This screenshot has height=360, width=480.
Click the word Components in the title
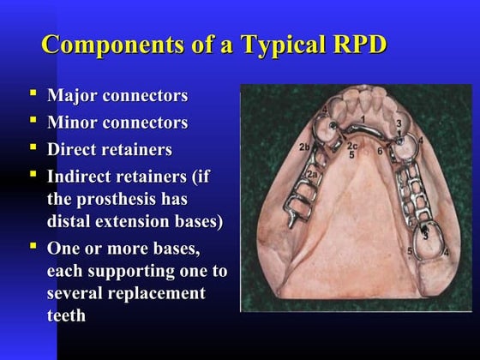tap(100, 44)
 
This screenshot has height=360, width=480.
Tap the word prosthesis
tap(125, 199)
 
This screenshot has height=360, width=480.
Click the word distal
tap(71, 221)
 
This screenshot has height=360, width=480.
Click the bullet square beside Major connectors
tap(33, 91)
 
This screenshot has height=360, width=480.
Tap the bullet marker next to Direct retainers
tap(33, 146)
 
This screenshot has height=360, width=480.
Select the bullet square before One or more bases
tap(33, 246)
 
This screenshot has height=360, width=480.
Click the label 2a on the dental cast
tap(313, 175)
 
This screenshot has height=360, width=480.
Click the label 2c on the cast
tap(351, 146)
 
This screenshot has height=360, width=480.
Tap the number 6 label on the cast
tap(380, 152)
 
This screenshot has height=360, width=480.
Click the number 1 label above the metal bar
tap(363, 117)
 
